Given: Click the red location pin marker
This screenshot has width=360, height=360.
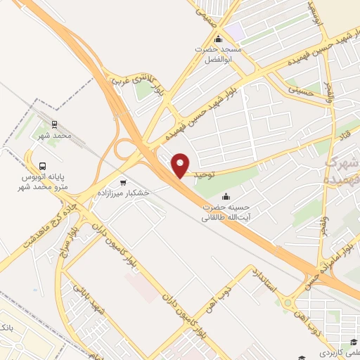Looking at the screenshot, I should click(x=181, y=165).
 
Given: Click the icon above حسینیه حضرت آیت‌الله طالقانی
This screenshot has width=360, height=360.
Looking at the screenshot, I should click(x=226, y=196).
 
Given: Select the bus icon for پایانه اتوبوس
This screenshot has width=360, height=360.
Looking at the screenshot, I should click(x=43, y=167).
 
